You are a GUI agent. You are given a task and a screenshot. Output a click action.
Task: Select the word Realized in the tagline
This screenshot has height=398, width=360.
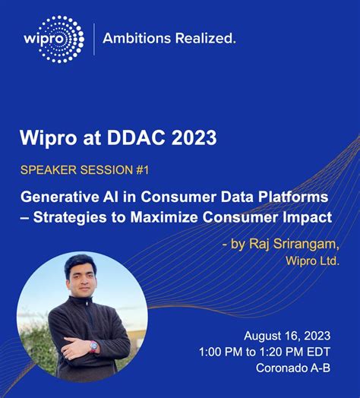pyautogui.click(x=203, y=36)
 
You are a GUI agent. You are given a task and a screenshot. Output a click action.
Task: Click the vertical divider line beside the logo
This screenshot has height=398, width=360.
pyautogui.click(x=93, y=38)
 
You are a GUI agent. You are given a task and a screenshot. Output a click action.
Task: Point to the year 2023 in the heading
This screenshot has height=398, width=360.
pyautogui.click(x=193, y=139)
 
